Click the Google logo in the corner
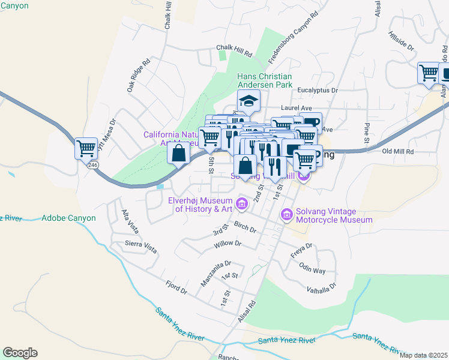[x=20, y=353]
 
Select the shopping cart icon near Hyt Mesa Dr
[x=86, y=148]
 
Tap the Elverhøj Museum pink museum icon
[x=242, y=204]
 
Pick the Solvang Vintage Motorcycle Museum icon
[x=287, y=214]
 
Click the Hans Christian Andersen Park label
[x=265, y=81]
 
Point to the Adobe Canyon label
[x=65, y=218]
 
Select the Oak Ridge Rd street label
[x=138, y=75]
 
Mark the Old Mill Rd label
[x=398, y=152]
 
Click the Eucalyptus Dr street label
[x=318, y=90]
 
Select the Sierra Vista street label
[x=140, y=245]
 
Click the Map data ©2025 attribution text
[x=424, y=355]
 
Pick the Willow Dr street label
[x=227, y=244]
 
